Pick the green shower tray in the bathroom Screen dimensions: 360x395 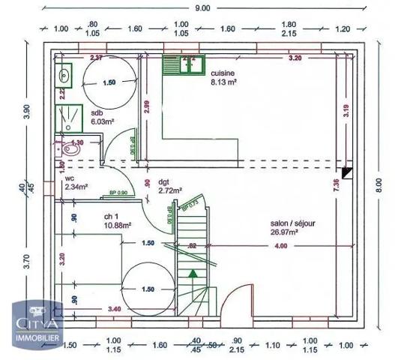pyautogui.click(x=64, y=118)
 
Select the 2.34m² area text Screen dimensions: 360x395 pyautogui.click(x=76, y=187)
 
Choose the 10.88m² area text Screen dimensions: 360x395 pyautogui.click(x=118, y=224)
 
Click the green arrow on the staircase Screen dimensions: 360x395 pyautogui.click(x=193, y=274)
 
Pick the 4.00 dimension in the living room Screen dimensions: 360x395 pyautogui.click(x=280, y=246)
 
